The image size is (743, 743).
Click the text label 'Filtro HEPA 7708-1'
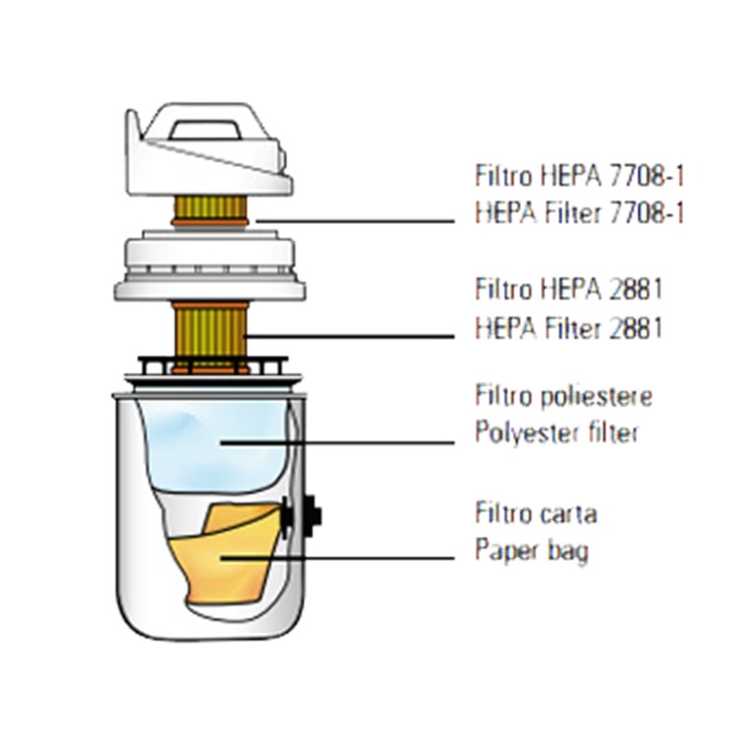pyautogui.click(x=579, y=175)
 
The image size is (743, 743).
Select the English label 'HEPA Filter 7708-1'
pyautogui.click(x=579, y=213)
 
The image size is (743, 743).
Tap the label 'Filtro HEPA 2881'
pyautogui.click(x=567, y=289)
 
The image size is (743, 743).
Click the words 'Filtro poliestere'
pyautogui.click(x=564, y=397)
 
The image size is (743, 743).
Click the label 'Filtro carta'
pyautogui.click(x=535, y=513)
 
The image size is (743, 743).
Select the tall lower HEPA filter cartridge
pyautogui.click(x=211, y=330)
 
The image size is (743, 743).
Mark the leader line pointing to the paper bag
pyautogui.click(x=353, y=558)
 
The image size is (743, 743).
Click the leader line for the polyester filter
pyautogui.click(x=353, y=442)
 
